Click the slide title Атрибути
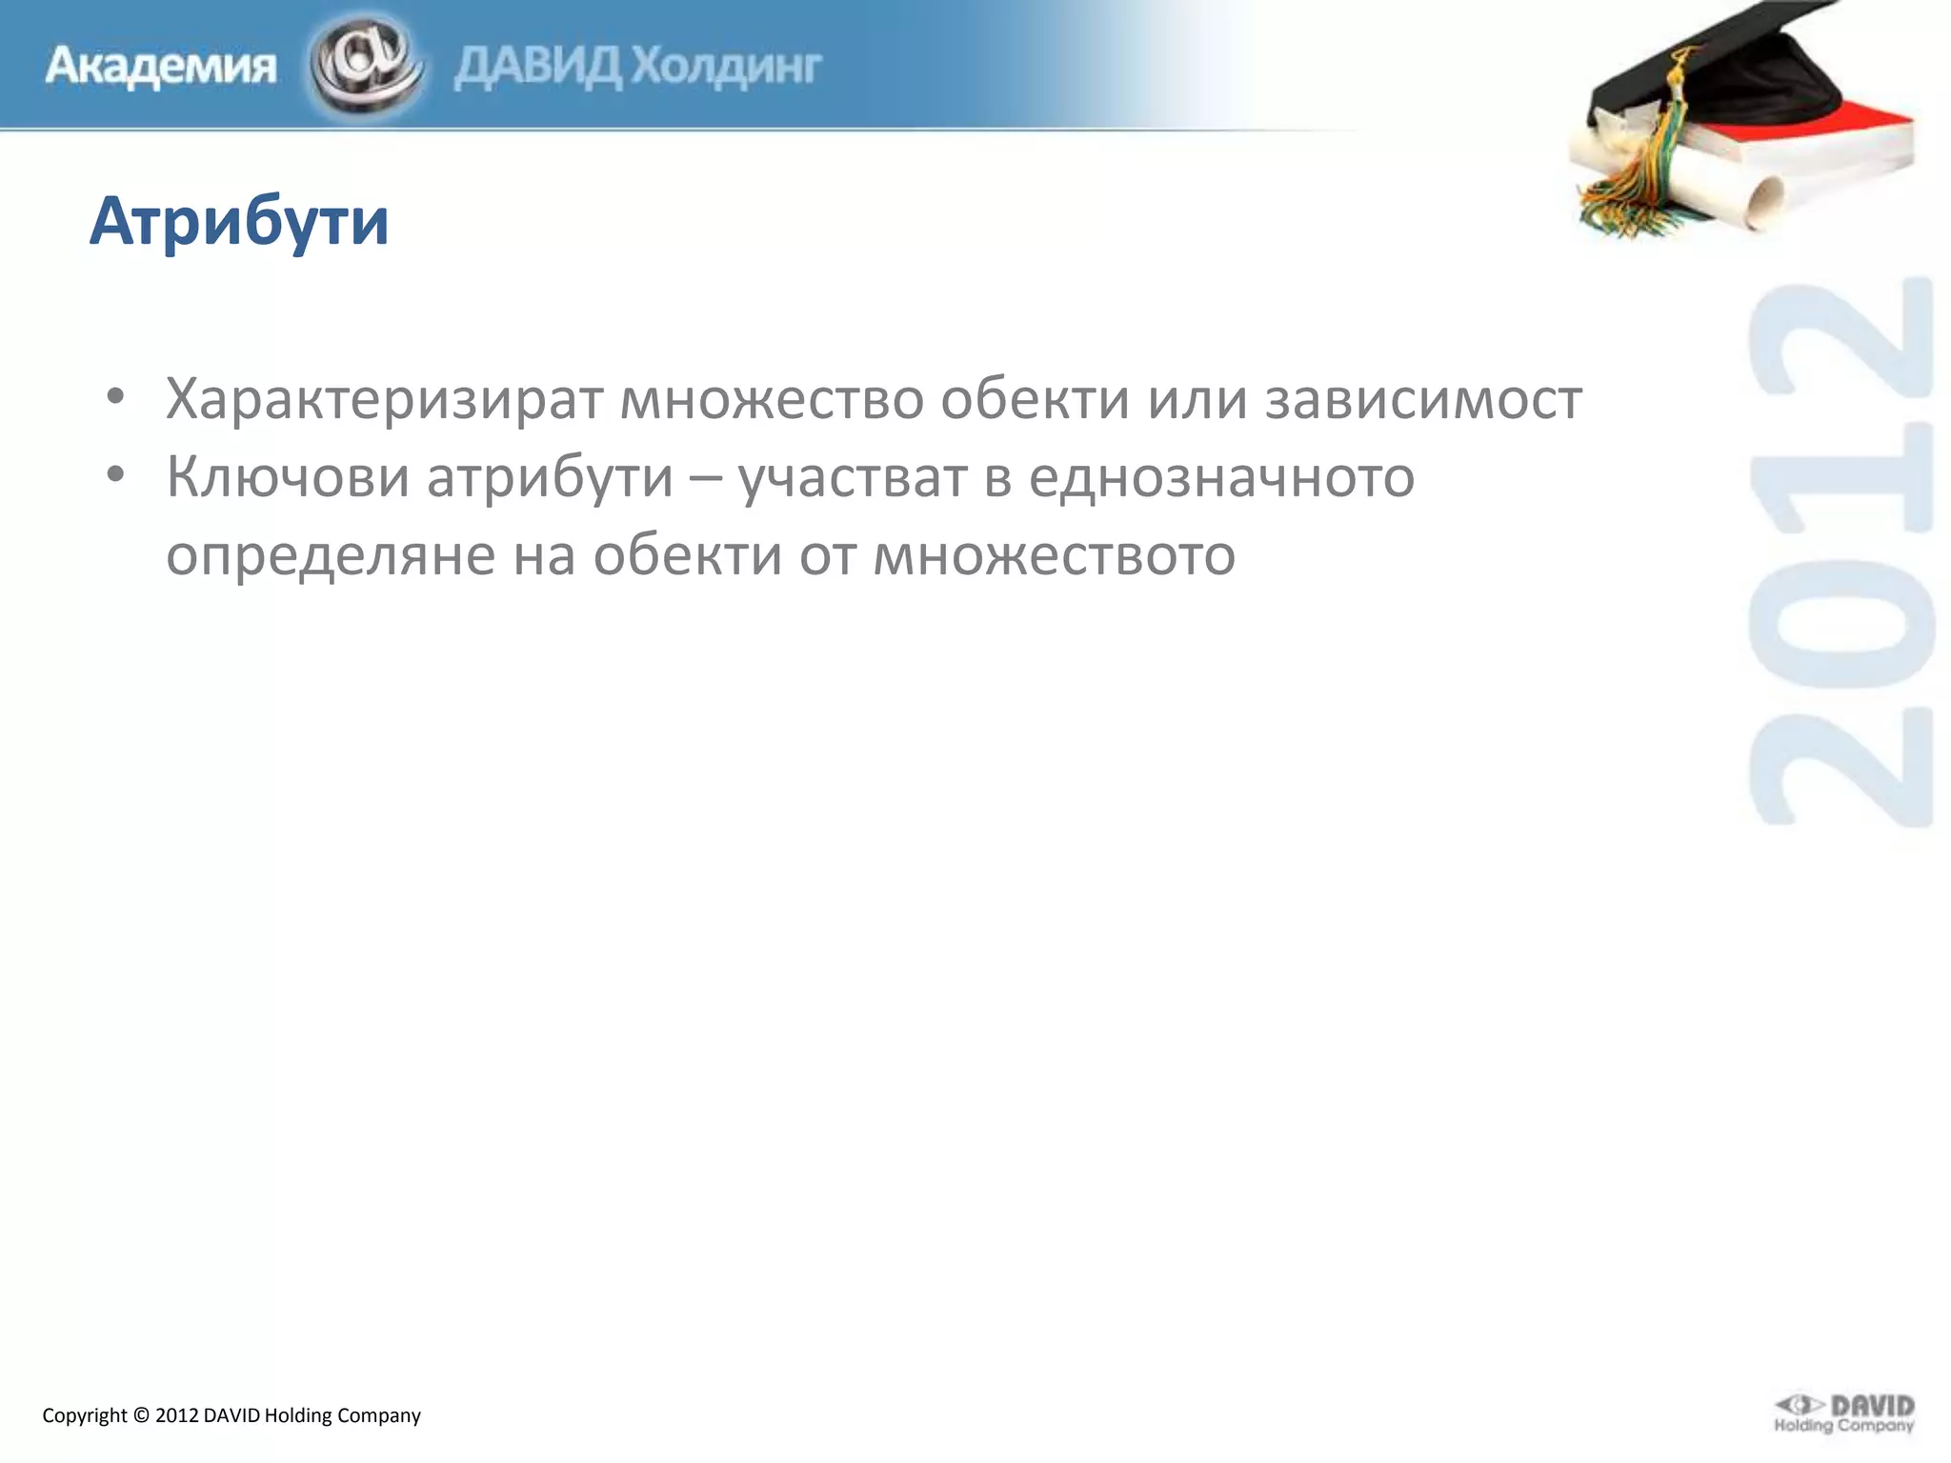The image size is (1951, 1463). [239, 222]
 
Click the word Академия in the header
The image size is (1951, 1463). [161, 67]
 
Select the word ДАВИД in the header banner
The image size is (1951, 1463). [535, 67]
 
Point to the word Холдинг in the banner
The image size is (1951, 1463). [727, 67]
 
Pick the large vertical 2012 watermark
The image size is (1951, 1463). [1840, 552]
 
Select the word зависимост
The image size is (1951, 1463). [1423, 398]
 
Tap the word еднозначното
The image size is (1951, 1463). [1221, 476]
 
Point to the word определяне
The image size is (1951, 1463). [331, 554]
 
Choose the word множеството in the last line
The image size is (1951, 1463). [1054, 554]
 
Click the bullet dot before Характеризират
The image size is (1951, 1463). [115, 396]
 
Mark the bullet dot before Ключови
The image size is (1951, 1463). [115, 474]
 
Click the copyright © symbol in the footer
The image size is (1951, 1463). [141, 1415]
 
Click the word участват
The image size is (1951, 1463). [853, 476]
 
